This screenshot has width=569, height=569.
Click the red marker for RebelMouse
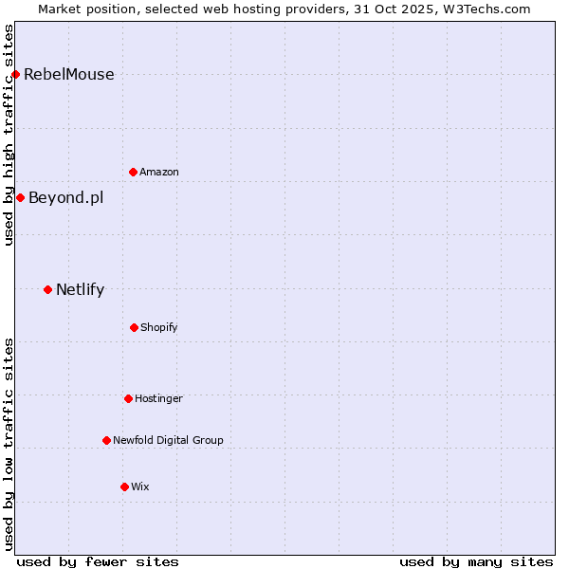click(x=15, y=74)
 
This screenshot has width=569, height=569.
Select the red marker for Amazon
click(x=133, y=172)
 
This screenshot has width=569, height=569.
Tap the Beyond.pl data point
click(x=20, y=197)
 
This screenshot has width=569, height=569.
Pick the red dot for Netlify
click(x=47, y=289)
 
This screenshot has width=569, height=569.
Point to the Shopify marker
click(x=134, y=327)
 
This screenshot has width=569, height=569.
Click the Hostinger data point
click(x=128, y=398)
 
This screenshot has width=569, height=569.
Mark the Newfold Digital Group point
click(x=106, y=440)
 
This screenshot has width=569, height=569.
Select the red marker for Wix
click(x=124, y=486)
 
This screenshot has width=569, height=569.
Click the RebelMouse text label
click(x=68, y=75)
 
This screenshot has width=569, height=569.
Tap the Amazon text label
click(x=159, y=173)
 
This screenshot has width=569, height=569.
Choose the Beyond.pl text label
click(x=65, y=198)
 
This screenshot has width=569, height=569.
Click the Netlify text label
click(x=80, y=290)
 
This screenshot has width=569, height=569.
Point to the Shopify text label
click(x=159, y=328)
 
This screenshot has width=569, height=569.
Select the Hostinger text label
click(x=158, y=399)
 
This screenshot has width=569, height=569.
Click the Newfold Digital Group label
click(x=168, y=441)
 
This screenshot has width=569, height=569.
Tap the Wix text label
click(x=140, y=487)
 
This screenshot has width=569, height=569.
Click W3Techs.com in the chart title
click(x=484, y=9)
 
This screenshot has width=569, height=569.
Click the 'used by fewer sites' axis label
click(x=98, y=561)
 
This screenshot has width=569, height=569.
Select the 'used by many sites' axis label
click(x=476, y=561)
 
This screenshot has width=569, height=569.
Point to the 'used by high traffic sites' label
click(x=9, y=135)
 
